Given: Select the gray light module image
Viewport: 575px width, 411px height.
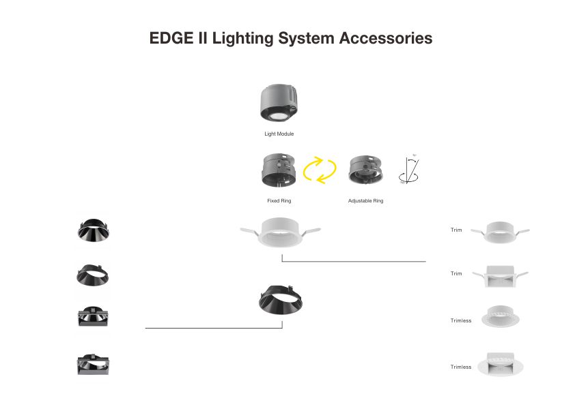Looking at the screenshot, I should pos(279,104).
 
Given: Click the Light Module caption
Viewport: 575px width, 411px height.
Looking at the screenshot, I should pos(279,134).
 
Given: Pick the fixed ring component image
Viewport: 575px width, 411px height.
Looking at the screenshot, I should pos(279,170).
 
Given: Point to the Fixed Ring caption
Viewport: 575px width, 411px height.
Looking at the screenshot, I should pos(279,201).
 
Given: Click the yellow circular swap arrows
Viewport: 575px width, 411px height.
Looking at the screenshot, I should pos(320,170).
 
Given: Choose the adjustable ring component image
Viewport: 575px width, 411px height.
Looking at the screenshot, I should pos(365,171).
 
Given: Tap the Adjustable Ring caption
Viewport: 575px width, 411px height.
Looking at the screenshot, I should pos(365,201).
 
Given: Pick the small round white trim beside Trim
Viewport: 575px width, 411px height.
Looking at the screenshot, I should pos(506,231).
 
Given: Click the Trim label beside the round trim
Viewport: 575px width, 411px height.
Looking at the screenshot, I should pos(456,230).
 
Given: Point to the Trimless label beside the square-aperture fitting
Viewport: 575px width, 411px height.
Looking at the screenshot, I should pos(460,367).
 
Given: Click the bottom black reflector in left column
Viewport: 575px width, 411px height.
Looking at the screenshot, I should pos(93,365).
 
